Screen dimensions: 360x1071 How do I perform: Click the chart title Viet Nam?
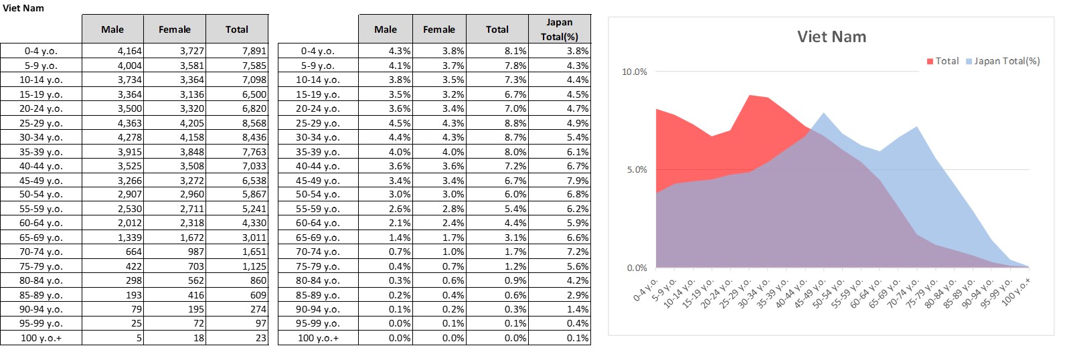[x=831, y=37]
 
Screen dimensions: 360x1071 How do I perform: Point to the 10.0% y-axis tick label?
[x=635, y=72]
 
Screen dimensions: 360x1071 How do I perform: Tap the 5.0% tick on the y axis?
[x=637, y=169]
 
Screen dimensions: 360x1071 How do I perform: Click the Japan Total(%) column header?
[x=560, y=29]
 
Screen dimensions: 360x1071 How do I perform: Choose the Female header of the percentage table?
[x=439, y=29]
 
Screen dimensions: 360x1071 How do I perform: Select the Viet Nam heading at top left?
[x=23, y=8]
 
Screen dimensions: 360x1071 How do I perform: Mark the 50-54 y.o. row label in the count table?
[x=41, y=194]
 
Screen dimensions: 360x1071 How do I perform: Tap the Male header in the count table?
[x=112, y=29]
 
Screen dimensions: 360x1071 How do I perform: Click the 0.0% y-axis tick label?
[x=637, y=268]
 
